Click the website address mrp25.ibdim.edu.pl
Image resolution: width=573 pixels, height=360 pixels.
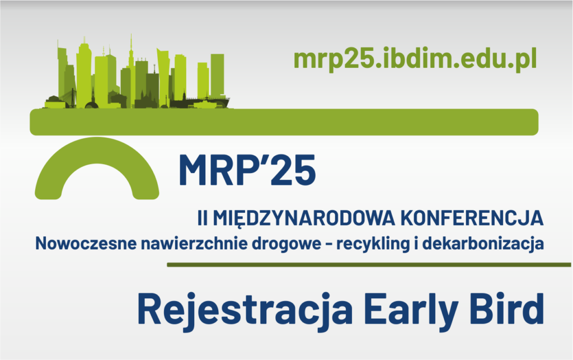pyautogui.click(x=415, y=58)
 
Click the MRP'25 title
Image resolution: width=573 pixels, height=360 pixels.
pyautogui.click(x=247, y=170)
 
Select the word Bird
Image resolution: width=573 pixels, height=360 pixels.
pyautogui.click(x=511, y=308)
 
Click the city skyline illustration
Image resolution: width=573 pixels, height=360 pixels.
pyautogui.click(x=140, y=76)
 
